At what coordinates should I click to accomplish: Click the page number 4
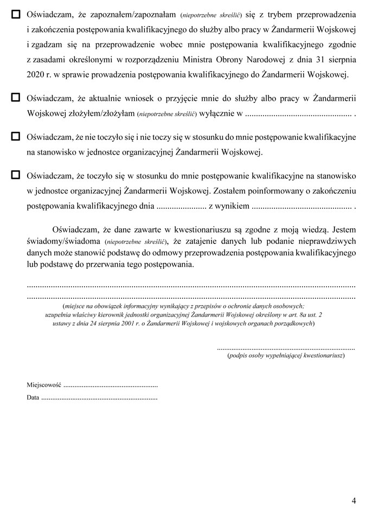point(354,499)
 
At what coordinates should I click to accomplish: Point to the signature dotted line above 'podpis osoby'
point(286,348)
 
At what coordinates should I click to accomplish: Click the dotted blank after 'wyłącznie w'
point(298,114)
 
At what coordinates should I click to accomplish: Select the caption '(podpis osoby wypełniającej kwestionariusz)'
point(286,356)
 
